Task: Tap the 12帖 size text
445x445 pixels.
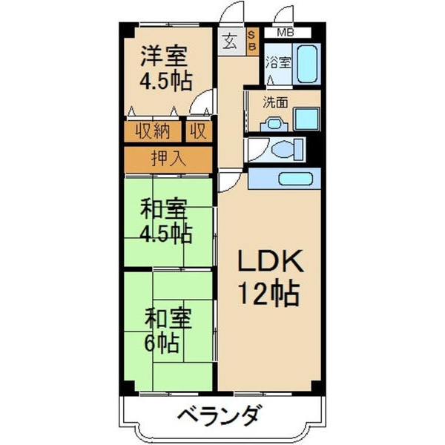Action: (268, 294)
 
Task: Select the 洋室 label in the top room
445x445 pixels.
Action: (164, 55)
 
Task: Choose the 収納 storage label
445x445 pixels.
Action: (153, 131)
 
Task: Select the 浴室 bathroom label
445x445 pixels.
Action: (279, 64)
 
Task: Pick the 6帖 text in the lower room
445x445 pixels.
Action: (161, 343)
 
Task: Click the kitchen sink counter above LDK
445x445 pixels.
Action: (284, 179)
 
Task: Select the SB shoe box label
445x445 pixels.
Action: (251, 40)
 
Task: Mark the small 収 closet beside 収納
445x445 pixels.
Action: (197, 131)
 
